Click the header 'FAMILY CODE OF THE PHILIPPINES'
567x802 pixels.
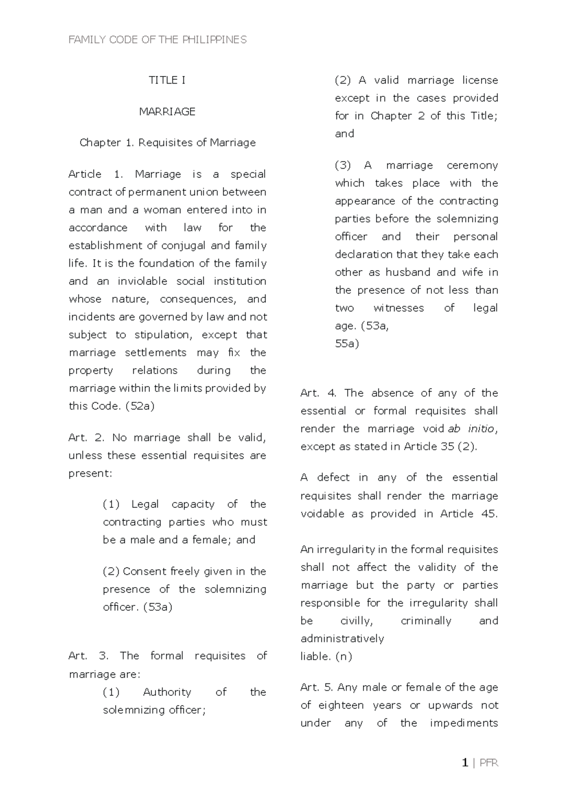(x=157, y=40)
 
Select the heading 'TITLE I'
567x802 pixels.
(x=167, y=80)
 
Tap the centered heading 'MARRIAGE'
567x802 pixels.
(x=167, y=111)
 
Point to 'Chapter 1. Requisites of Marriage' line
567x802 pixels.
(x=167, y=143)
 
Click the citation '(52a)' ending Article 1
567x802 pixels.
(x=140, y=406)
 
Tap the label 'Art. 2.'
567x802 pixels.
(x=86, y=438)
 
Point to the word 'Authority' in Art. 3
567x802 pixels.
(x=167, y=692)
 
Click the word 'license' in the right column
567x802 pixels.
(x=480, y=80)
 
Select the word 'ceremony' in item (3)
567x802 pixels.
(x=472, y=166)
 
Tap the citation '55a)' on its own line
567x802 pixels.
(x=347, y=344)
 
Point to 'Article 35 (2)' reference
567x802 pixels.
(x=439, y=447)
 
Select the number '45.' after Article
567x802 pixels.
(x=489, y=514)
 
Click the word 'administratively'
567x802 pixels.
(x=342, y=639)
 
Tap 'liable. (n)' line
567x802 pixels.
(x=326, y=657)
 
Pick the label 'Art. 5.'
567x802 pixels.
(x=317, y=688)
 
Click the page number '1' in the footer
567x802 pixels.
(x=465, y=763)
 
